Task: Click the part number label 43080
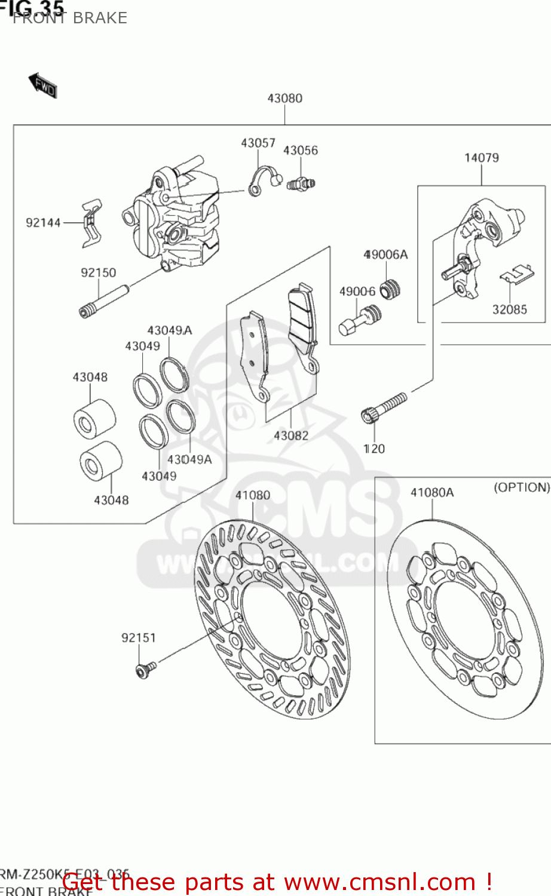[284, 98]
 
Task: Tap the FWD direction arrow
[42, 85]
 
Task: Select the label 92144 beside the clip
[43, 223]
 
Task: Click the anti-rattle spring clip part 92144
[91, 222]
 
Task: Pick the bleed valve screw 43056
[301, 184]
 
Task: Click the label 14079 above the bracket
[481, 158]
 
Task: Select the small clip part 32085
[515, 274]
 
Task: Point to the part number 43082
[291, 435]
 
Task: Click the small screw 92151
[145, 670]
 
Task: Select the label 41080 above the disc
[252, 495]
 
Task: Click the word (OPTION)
[521, 487]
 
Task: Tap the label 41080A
[431, 493]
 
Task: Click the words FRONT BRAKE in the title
[70, 18]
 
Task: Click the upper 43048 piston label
[90, 377]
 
